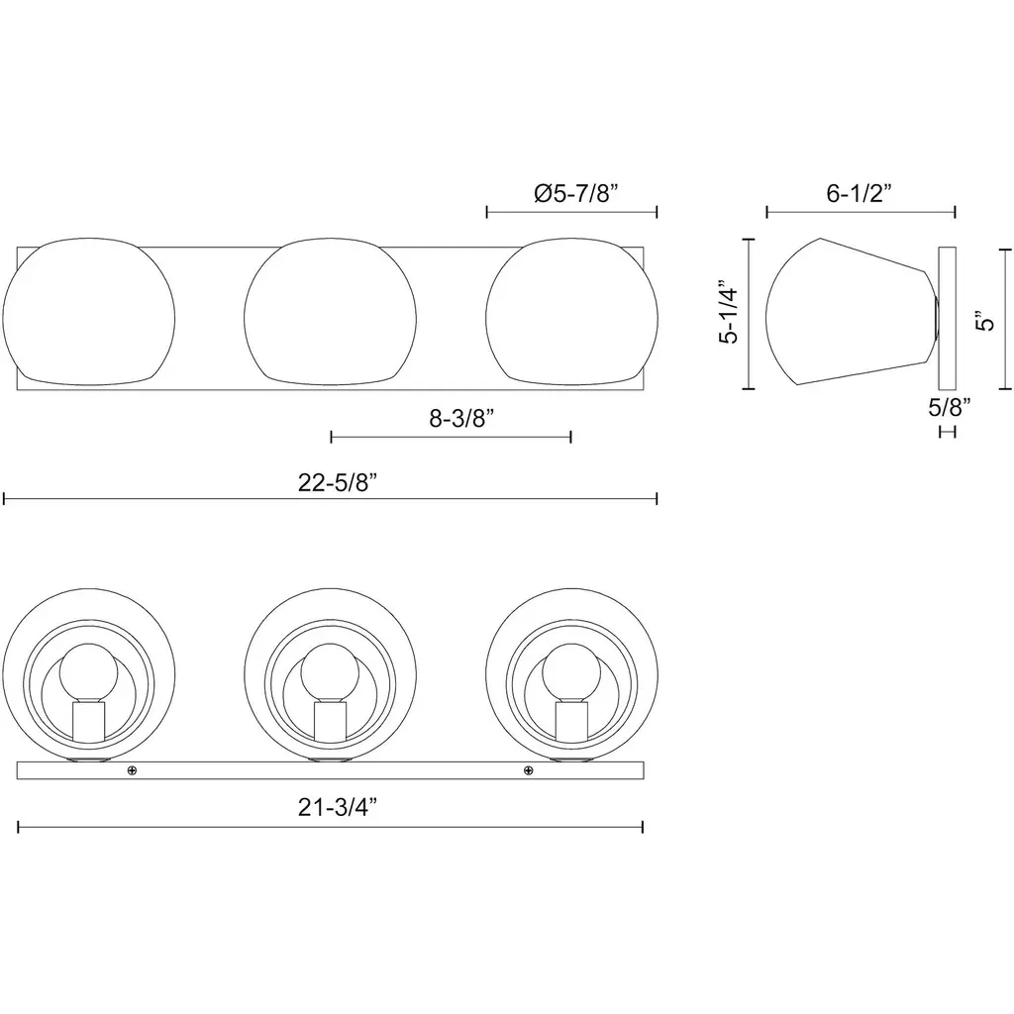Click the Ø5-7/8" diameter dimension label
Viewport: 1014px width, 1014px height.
(x=576, y=193)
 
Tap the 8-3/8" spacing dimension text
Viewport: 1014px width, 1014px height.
(x=461, y=419)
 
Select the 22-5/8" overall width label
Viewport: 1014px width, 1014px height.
(x=337, y=482)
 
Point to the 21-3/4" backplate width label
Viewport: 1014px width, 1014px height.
(x=337, y=806)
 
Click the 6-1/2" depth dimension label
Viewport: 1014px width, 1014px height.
(x=859, y=193)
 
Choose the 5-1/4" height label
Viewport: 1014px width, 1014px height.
(x=728, y=312)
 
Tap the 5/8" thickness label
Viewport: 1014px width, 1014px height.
(x=950, y=407)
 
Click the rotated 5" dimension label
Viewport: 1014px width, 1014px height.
(x=986, y=322)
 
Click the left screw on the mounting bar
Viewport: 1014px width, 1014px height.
(x=132, y=770)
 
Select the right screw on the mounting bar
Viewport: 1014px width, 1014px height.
(x=529, y=770)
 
